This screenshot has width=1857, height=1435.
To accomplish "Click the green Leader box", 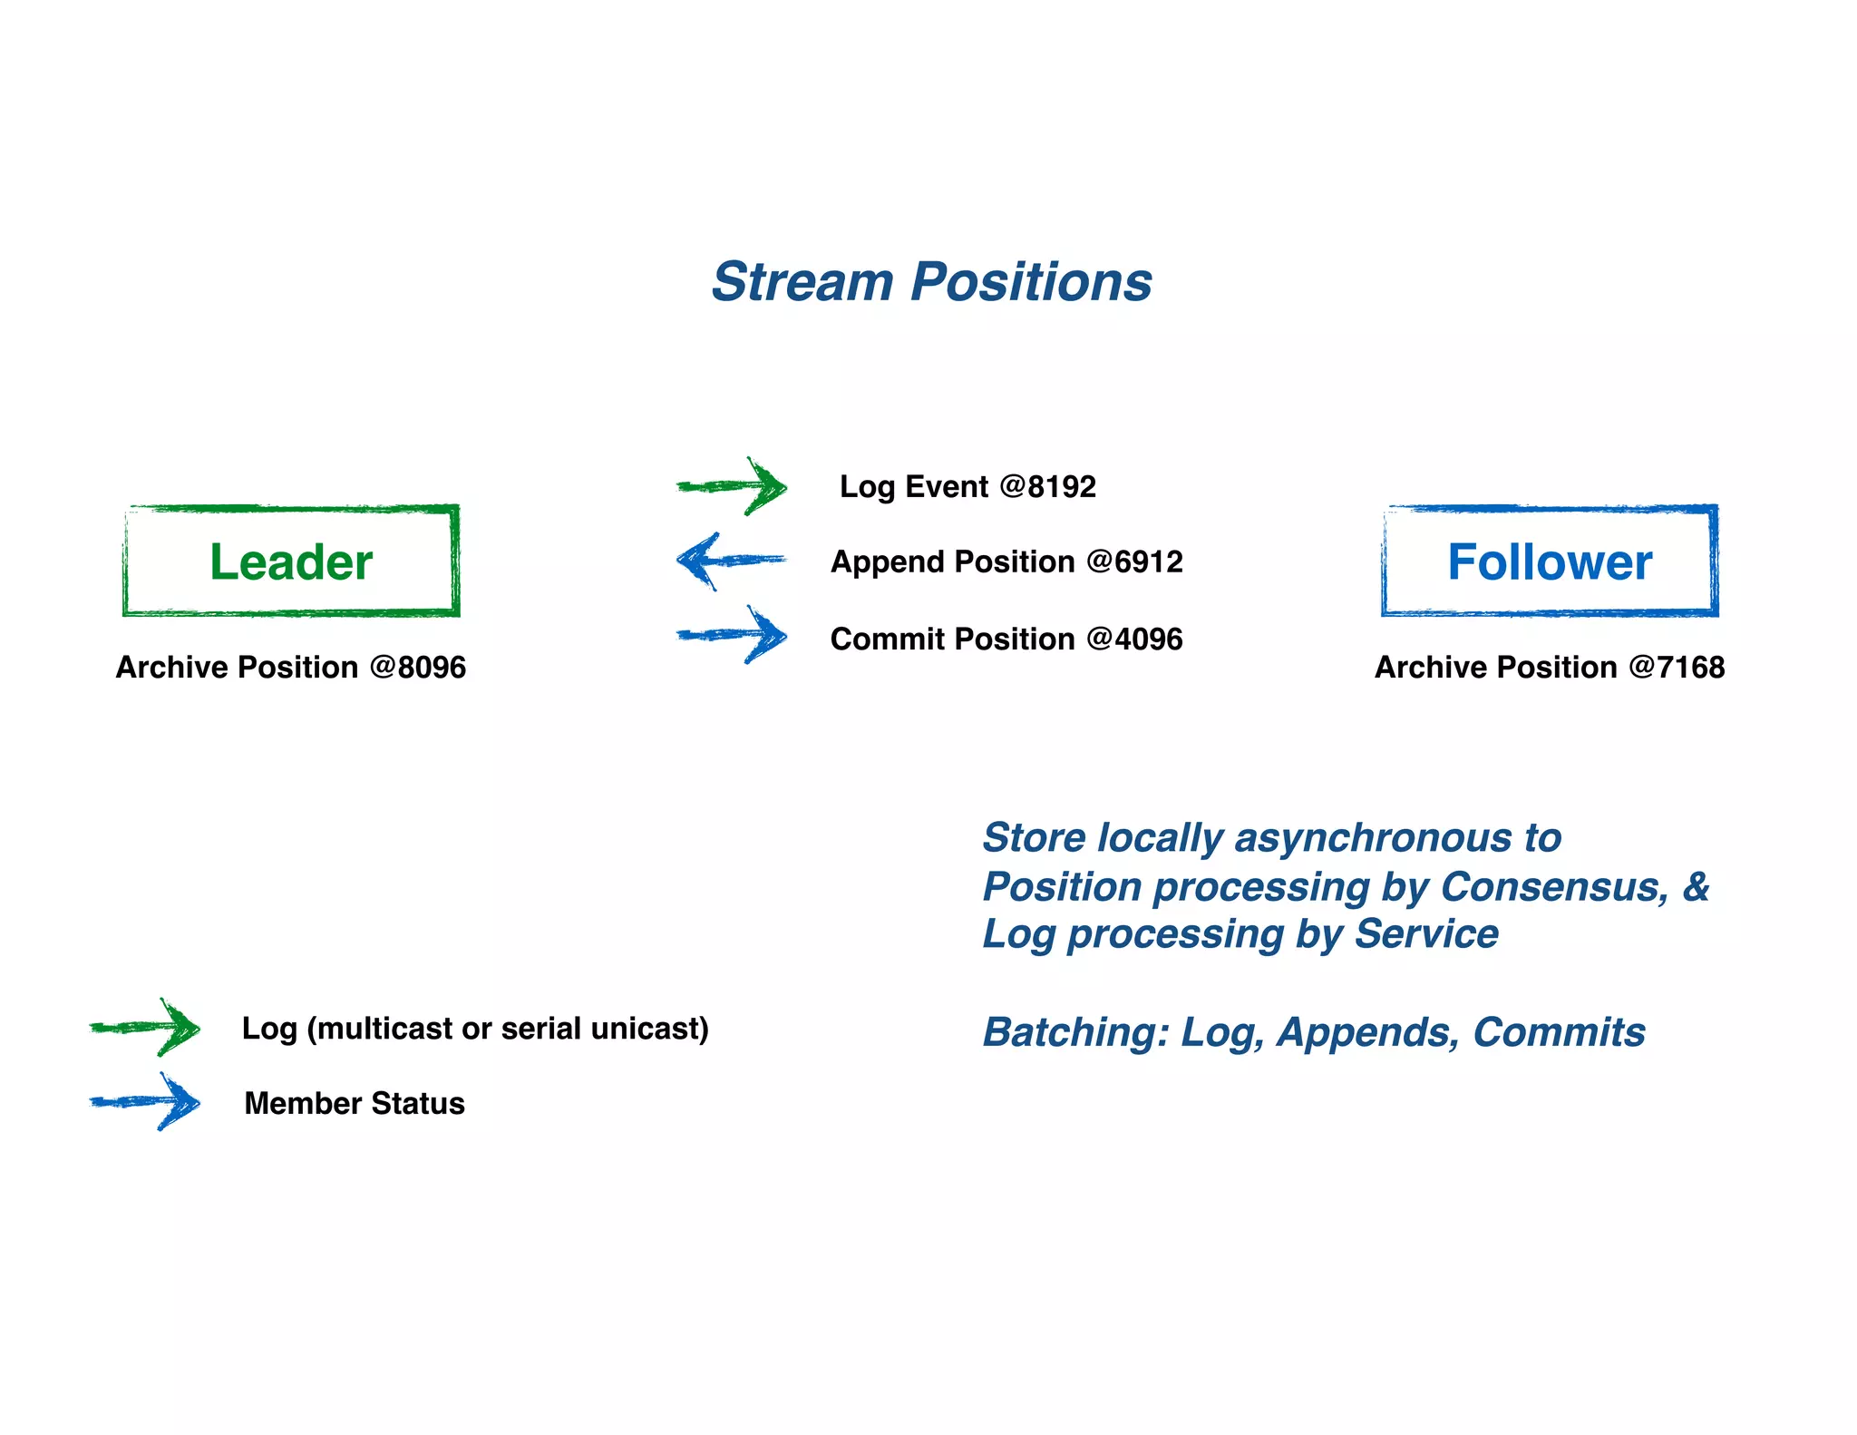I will tap(291, 561).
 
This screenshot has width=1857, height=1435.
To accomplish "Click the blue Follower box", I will tap(1550, 561).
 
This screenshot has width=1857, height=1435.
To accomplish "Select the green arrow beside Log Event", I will tap(733, 487).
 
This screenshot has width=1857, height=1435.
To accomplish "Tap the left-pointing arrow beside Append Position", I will tap(731, 561).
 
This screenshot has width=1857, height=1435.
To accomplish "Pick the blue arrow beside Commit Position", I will tap(733, 636).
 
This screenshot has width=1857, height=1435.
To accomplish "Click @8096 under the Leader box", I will tap(418, 668).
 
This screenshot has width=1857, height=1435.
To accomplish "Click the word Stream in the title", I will tap(802, 282).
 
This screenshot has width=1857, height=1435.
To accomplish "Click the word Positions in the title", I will tap(1031, 282).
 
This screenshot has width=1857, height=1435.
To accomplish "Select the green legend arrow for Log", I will tap(146, 1027).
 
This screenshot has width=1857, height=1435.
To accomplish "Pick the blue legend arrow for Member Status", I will tap(146, 1102).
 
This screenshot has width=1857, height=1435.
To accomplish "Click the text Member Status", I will tap(355, 1103).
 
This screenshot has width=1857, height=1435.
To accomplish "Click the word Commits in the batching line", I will tap(1559, 1032).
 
